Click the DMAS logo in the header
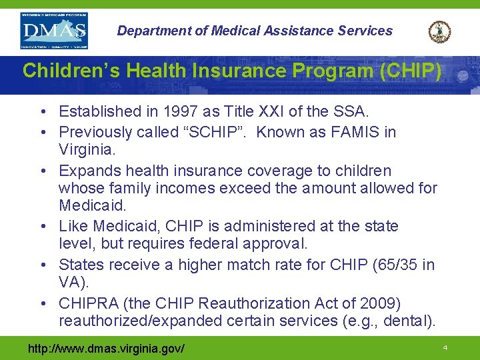pos(54,31)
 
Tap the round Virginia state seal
pos(439,31)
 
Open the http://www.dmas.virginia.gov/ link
pos(105,349)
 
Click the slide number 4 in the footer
pos(445,348)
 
